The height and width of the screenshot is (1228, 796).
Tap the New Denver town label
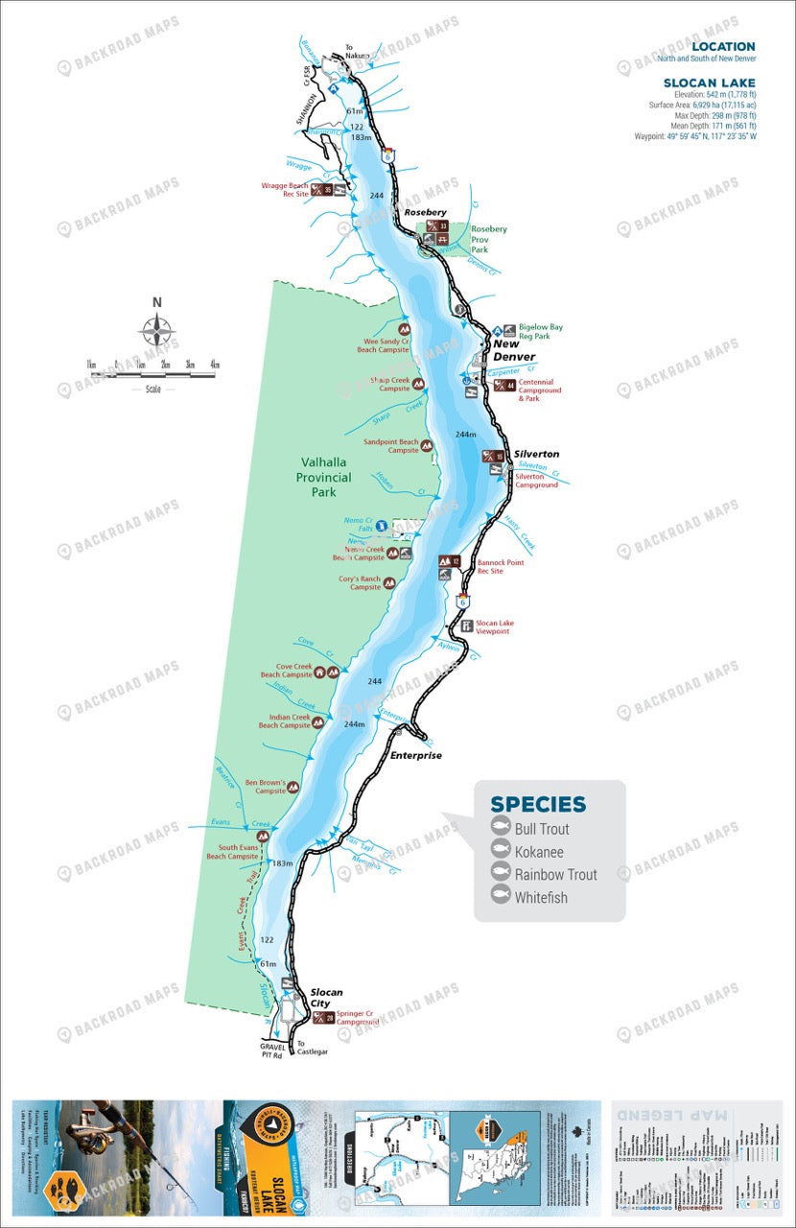click(513, 350)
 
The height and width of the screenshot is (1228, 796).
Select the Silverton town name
click(536, 454)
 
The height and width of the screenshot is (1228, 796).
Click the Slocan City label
click(326, 998)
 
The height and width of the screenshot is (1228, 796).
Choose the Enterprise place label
click(415, 756)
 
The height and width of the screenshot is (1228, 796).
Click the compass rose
click(156, 331)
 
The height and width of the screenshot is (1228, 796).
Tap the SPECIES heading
click(537, 805)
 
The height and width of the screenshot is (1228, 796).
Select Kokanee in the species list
click(539, 852)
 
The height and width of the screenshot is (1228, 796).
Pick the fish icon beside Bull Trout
click(500, 828)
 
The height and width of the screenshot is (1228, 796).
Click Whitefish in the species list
click(541, 898)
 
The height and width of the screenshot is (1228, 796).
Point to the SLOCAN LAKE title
click(709, 83)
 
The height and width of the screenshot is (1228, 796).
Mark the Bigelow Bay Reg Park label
click(540, 332)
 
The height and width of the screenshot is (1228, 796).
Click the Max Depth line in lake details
click(713, 115)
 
